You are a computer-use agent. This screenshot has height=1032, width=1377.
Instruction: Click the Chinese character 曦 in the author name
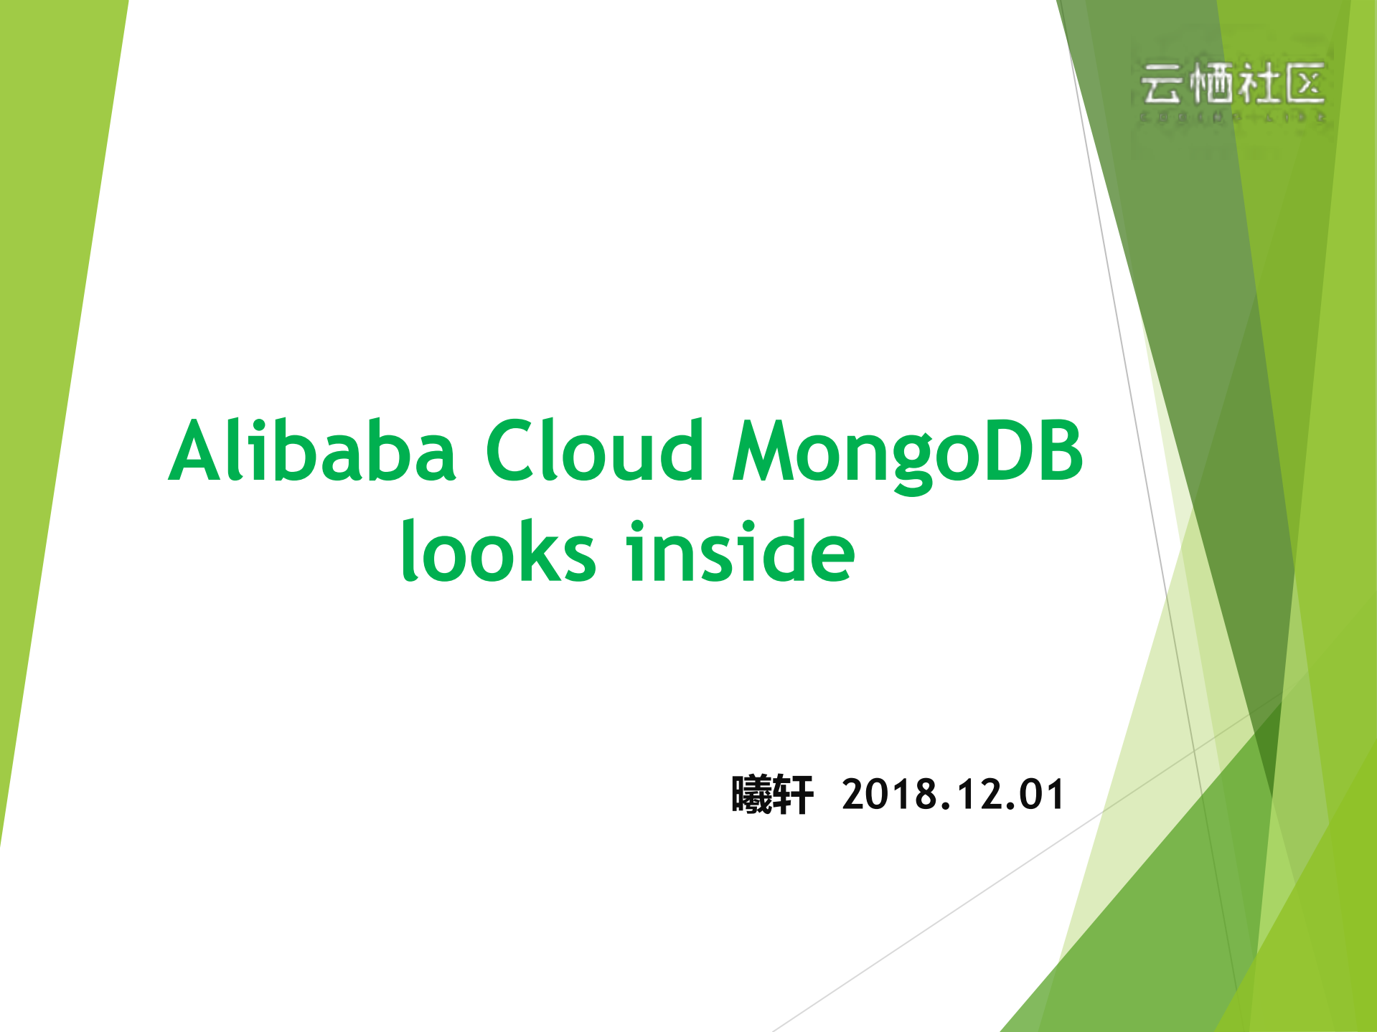(x=751, y=795)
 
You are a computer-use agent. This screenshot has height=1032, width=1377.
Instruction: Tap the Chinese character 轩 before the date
(x=793, y=795)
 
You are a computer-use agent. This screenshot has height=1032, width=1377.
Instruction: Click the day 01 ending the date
(x=1045, y=795)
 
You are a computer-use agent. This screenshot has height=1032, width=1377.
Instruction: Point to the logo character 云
(x=1161, y=85)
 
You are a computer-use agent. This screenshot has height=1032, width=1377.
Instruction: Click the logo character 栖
(x=1210, y=85)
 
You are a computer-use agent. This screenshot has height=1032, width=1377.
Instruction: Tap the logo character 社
(x=1257, y=85)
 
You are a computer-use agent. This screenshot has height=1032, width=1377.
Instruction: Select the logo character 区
(x=1305, y=85)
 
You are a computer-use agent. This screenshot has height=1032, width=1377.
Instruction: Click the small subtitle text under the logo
(x=1233, y=116)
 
